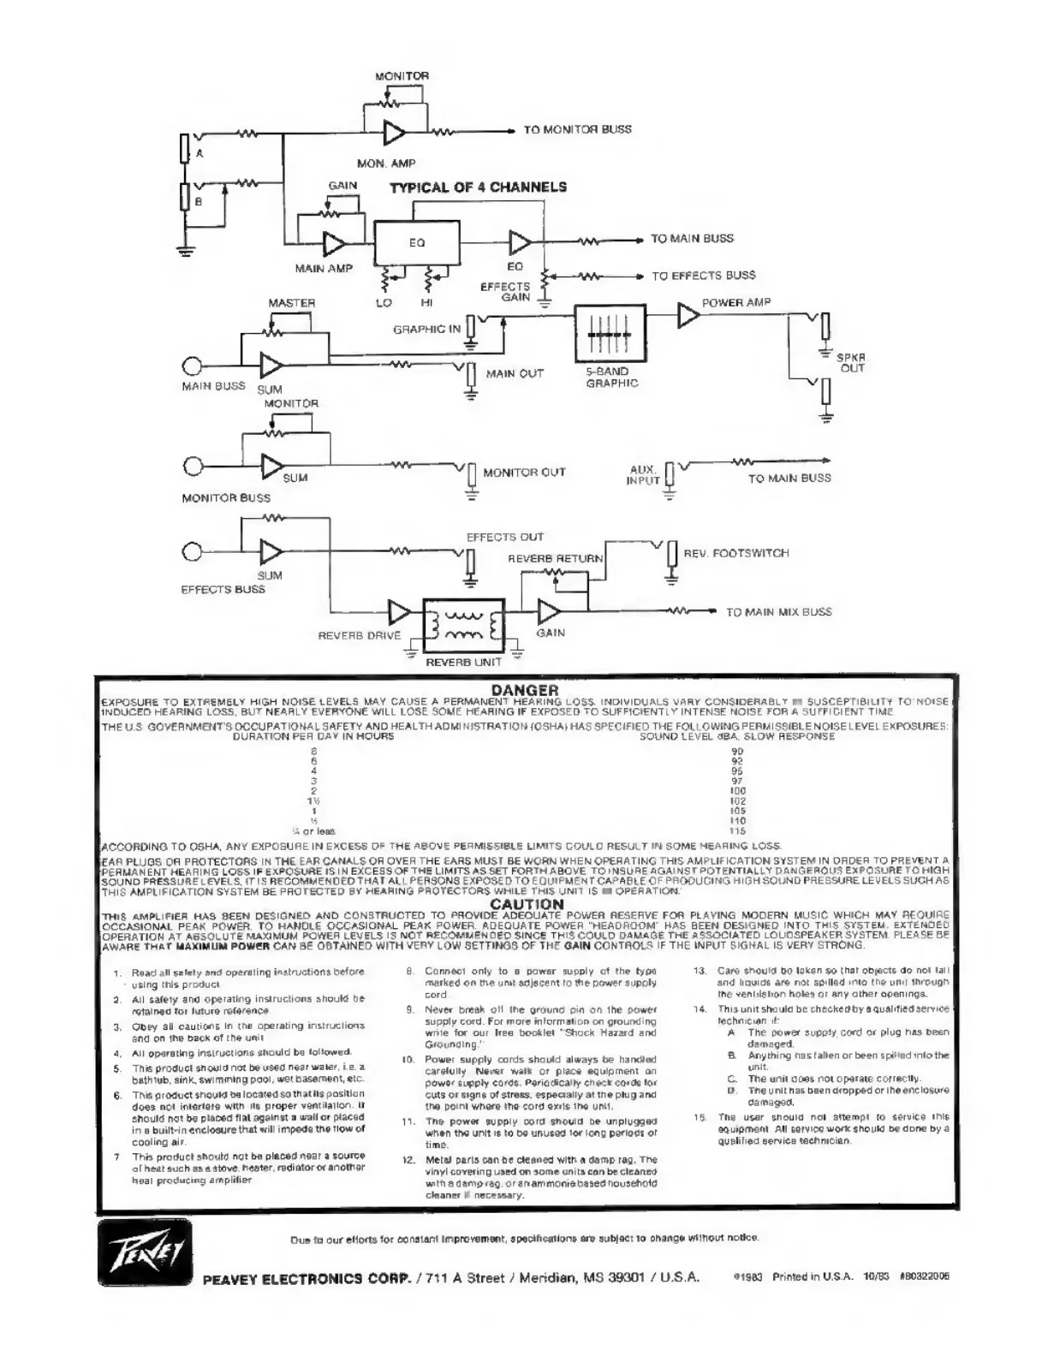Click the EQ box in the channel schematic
pos(417,242)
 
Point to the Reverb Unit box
pos(463,626)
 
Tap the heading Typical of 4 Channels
pos(478,187)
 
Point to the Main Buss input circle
pos(193,366)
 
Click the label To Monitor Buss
pos(577,130)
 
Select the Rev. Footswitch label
pos(736,554)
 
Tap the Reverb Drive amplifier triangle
pos(399,613)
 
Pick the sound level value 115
pos(738,830)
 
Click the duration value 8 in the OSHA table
pos(314,751)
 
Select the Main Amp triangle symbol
pos(333,243)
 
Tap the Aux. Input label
pos(644,475)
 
